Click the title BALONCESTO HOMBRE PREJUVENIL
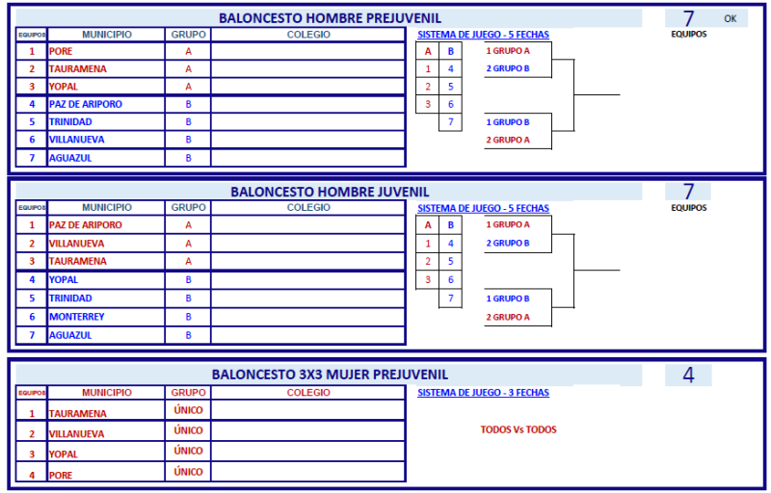(330, 18)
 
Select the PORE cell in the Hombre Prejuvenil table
(61, 51)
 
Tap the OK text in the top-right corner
(731, 18)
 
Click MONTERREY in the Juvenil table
(77, 317)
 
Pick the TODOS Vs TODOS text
(518, 429)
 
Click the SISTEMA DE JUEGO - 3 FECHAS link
(484, 393)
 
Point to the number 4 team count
(688, 376)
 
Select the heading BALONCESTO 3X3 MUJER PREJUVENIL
(330, 375)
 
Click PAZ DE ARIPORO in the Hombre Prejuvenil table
(86, 104)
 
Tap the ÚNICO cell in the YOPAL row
(188, 451)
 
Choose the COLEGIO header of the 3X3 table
(308, 392)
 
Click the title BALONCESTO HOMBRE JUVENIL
(330, 192)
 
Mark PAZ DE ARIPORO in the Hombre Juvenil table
(86, 225)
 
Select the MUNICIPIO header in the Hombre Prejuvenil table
(107, 35)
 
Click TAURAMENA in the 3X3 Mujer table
(78, 413)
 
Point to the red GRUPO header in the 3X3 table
(188, 392)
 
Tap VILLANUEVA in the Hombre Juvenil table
(77, 244)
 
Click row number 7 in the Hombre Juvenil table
(32, 335)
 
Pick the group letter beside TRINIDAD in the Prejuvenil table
(188, 121)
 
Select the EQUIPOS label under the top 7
(689, 34)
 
